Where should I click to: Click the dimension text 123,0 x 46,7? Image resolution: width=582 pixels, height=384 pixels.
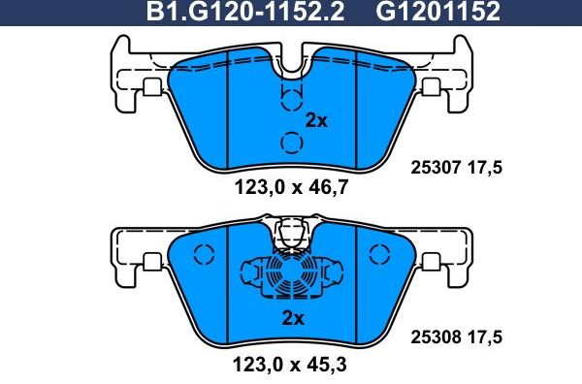point(291,189)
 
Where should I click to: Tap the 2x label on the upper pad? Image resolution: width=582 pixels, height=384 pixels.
point(317,121)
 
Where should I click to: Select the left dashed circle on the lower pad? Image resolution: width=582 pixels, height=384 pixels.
point(203,256)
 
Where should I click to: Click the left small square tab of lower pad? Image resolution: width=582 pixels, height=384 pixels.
point(151,261)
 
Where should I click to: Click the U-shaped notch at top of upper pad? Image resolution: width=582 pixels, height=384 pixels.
point(291,63)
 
